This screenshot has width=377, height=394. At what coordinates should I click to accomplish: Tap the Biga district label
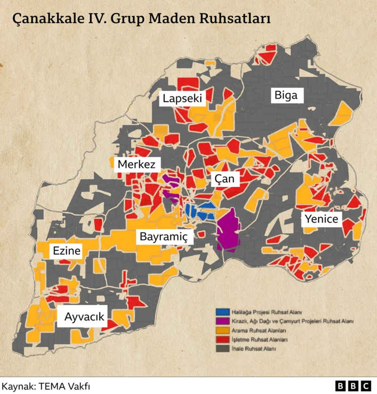286,95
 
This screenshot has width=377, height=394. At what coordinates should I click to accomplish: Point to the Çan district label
224,179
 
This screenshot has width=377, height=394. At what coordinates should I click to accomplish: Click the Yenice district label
321,219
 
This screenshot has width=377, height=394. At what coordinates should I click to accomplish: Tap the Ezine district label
66,251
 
